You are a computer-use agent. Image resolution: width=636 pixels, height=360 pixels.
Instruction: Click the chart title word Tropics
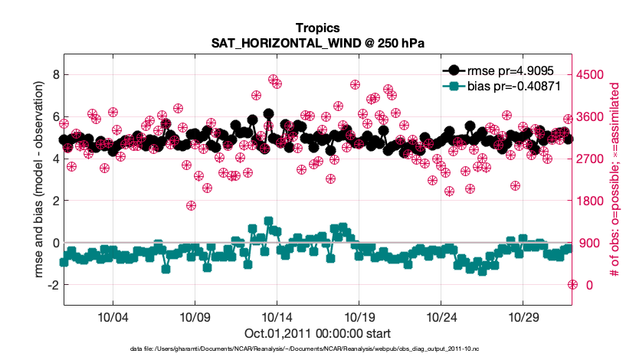coord(318,31)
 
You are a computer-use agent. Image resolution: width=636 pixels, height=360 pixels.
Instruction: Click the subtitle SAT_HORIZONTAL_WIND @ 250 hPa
coord(318,45)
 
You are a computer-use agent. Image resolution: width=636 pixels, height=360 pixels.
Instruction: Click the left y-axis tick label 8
coord(54,74)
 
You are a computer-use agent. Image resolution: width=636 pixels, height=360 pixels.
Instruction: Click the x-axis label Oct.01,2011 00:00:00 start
coord(318,333)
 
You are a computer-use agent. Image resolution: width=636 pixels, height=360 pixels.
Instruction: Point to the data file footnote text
coord(318,349)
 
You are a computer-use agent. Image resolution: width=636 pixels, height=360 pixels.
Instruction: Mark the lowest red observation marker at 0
coord(572,284)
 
